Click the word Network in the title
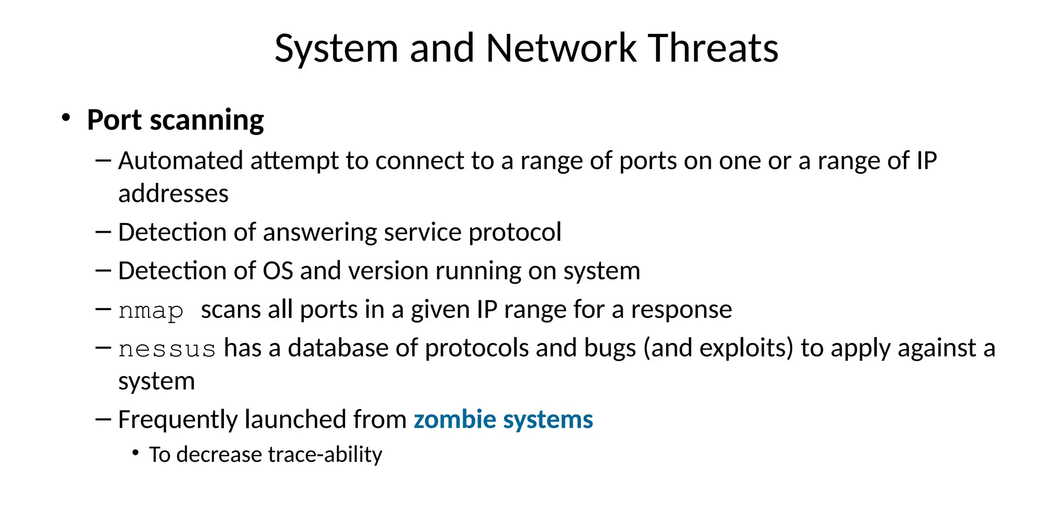[x=561, y=48]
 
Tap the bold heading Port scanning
[x=175, y=121]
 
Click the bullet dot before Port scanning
[x=65, y=118]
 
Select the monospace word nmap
[x=151, y=311]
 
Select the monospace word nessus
[x=167, y=349]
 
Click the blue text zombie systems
[x=503, y=419]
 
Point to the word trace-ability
[x=325, y=455]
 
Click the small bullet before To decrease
[x=136, y=454]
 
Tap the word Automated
[x=180, y=161]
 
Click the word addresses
[x=173, y=194]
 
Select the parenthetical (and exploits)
[x=718, y=348]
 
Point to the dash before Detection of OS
[x=103, y=270]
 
